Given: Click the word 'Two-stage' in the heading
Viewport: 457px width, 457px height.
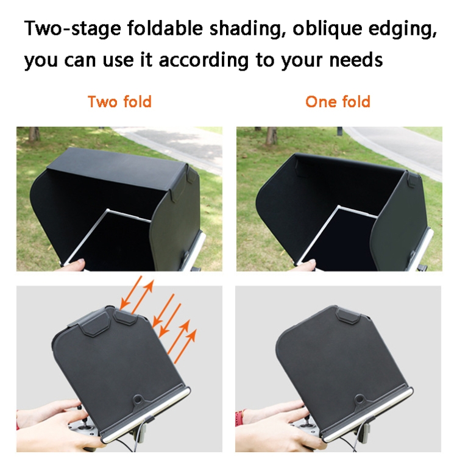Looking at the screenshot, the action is [73, 29].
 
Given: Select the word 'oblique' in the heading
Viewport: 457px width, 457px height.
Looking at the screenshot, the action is [327, 29].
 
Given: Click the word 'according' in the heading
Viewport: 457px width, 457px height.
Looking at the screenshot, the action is [204, 60].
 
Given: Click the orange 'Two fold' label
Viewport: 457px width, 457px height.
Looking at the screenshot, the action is [119, 102].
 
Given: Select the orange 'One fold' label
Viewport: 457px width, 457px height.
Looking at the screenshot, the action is [338, 102].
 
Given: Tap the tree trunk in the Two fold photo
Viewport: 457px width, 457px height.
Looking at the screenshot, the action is [34, 134].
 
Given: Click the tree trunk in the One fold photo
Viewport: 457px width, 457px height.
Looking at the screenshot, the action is [271, 135].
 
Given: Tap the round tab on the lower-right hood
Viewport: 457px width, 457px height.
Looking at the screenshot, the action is [359, 399].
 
